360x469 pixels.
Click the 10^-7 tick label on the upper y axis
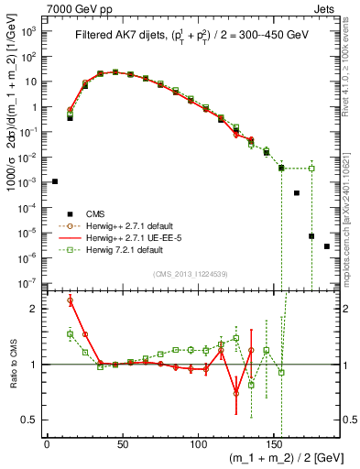click(x=27, y=283)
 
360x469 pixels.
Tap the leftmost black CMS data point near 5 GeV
click(x=55, y=181)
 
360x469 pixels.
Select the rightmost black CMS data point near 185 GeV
click(x=327, y=246)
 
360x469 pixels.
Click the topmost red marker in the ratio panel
click(x=71, y=300)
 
